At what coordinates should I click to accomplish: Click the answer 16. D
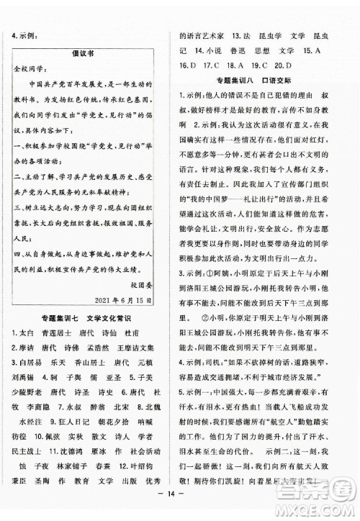pyautogui.click(x=188, y=65)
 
